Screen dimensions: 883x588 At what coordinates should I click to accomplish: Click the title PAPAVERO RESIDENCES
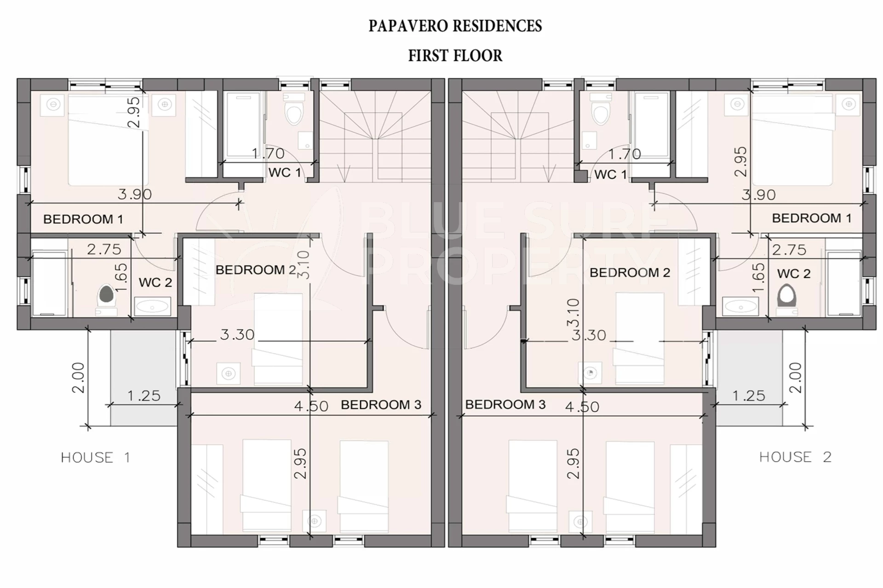pos(455,26)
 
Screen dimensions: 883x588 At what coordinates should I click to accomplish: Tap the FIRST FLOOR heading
pos(455,56)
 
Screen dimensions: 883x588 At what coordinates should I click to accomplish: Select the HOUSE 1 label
pos(96,458)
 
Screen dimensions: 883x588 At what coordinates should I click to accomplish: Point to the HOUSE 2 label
pos(795,457)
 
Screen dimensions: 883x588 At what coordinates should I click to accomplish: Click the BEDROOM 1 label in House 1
pos(83,219)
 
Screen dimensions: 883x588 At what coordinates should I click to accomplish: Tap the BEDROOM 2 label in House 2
pos(630,272)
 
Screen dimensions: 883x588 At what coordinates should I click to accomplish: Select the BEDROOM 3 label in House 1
pos(381,405)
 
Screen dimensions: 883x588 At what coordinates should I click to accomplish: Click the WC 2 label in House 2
pos(794,274)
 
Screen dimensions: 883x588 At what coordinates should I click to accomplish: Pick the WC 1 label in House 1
pos(285,173)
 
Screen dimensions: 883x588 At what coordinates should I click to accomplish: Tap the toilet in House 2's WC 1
pos(601,109)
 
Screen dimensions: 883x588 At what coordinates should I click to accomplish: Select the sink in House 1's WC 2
pos(152,306)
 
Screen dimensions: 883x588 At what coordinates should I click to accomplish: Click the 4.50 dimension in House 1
pos(311,406)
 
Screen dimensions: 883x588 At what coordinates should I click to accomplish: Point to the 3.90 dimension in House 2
pos(759,195)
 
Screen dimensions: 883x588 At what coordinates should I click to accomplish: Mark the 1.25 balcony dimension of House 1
pos(144,396)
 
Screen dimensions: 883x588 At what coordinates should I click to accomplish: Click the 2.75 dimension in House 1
pos(104,249)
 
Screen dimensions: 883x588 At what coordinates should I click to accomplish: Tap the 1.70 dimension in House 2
pos(625,154)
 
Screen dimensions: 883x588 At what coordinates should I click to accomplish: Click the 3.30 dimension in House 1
pos(237,334)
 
